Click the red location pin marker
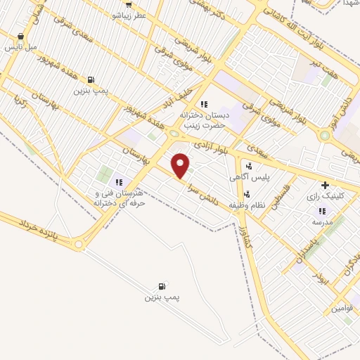[181, 166]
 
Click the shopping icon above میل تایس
[20, 37]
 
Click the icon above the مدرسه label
[322, 211]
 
